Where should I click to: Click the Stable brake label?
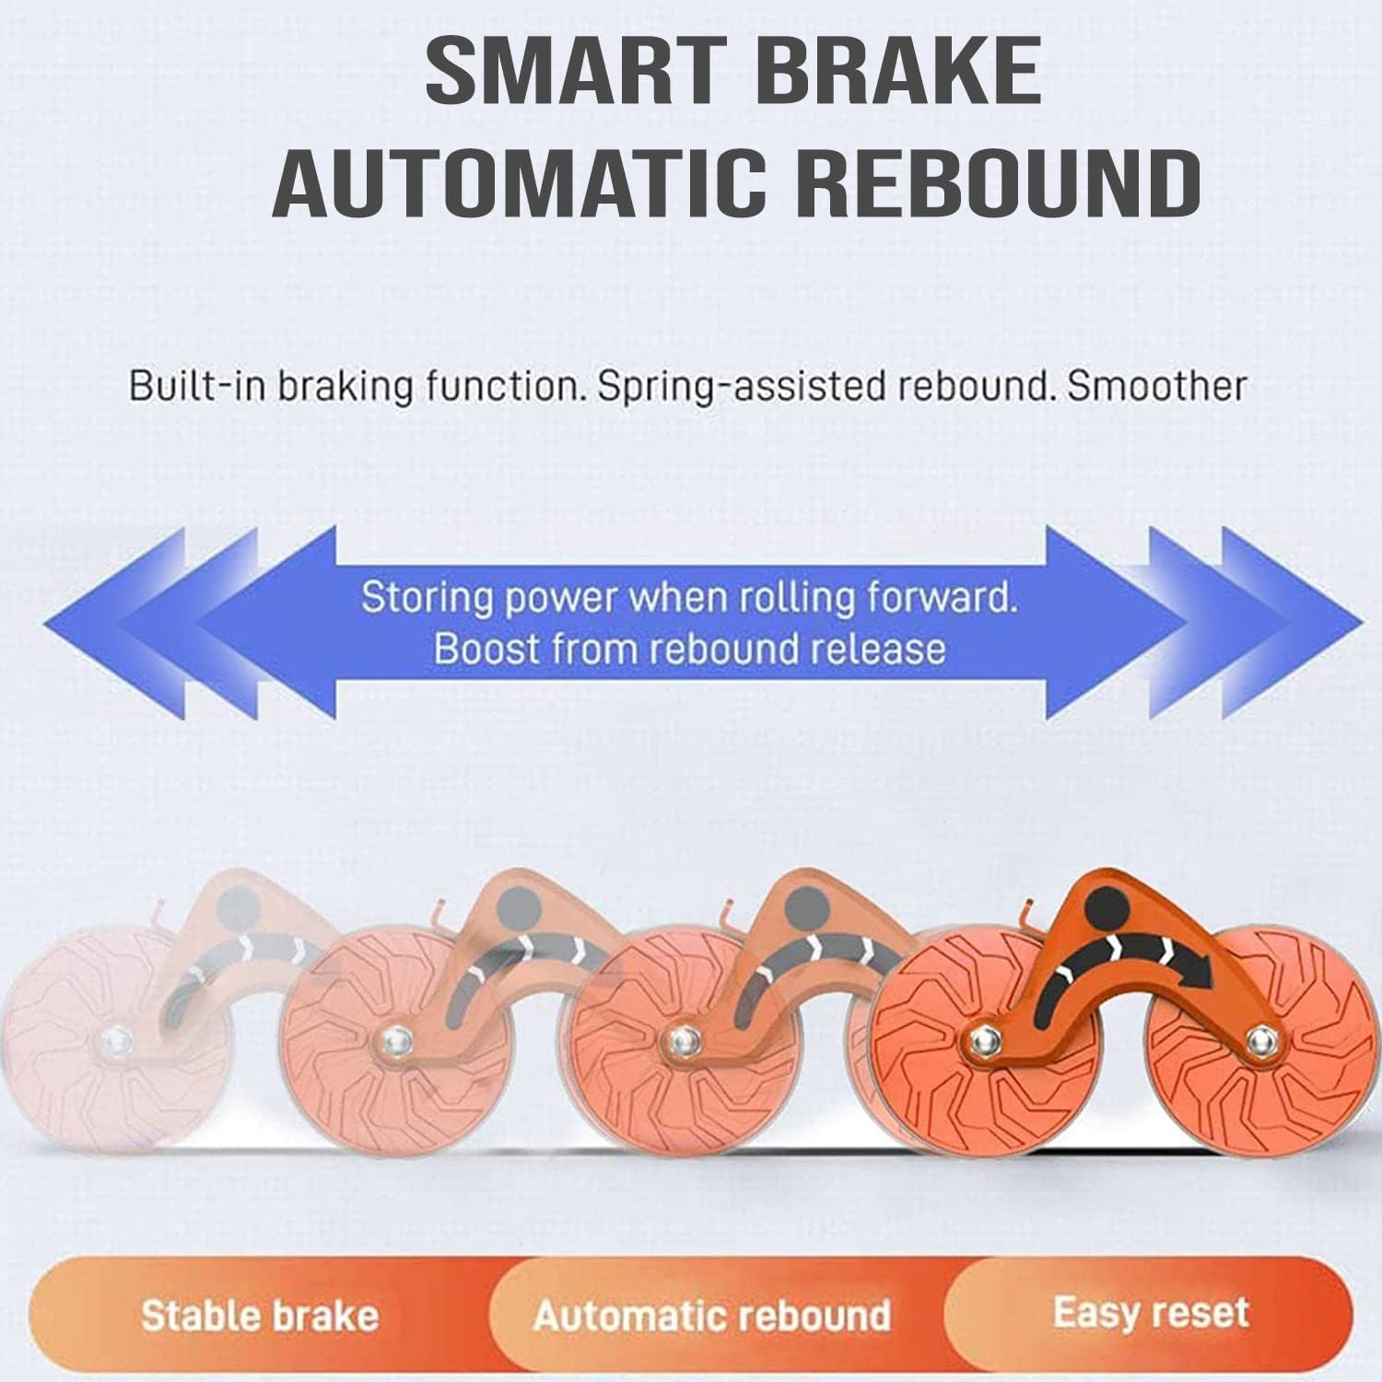261,1315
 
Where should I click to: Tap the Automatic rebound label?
711,1315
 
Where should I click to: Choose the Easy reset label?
1151,1311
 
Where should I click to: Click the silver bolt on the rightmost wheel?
1258,1042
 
